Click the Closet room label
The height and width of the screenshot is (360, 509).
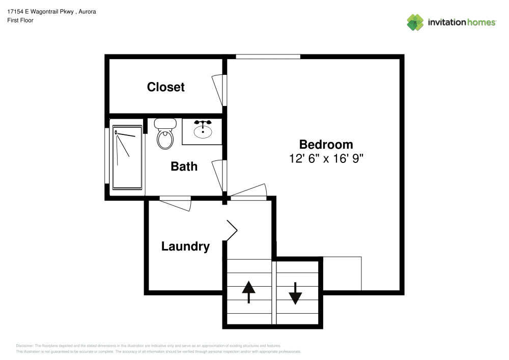click(165, 87)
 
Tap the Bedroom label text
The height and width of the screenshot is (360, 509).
click(326, 144)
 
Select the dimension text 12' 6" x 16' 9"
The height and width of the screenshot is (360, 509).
click(326, 158)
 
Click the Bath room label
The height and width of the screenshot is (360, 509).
click(184, 167)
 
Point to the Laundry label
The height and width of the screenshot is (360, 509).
click(185, 246)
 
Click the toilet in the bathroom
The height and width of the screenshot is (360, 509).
click(164, 133)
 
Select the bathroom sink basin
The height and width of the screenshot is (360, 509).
click(203, 131)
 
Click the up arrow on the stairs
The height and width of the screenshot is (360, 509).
click(248, 292)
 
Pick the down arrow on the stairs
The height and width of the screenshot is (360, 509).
click(295, 292)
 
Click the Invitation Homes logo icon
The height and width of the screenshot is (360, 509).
click(415, 22)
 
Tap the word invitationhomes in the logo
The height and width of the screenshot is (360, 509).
click(462, 22)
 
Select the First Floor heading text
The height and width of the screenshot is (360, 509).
click(20, 21)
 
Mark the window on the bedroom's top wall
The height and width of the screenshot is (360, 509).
click(268, 57)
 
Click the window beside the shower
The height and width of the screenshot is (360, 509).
click(106, 155)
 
